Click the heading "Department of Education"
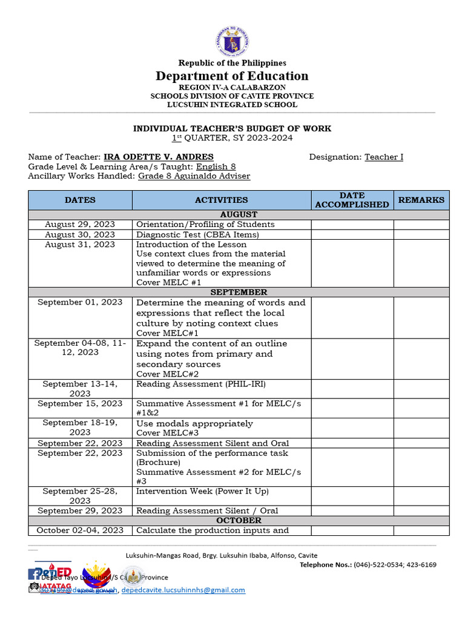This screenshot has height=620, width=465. tap(232, 76)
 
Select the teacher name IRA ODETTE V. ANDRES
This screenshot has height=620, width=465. tap(158, 157)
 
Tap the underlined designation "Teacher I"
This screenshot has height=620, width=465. tap(384, 157)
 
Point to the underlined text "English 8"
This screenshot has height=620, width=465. tap(216, 167)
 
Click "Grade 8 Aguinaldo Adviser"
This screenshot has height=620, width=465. tap(194, 176)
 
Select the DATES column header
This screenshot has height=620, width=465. tap(80, 200)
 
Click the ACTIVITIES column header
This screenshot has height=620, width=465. tap(221, 200)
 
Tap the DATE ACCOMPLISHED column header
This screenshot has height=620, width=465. tap(352, 200)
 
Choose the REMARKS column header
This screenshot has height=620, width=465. tap(421, 200)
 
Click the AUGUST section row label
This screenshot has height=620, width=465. tap(239, 214)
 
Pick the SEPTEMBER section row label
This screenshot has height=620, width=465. tap(239, 292)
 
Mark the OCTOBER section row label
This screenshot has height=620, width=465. tap(239, 520)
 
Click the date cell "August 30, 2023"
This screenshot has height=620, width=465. tap(80, 234)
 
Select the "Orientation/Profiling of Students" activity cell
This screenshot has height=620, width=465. tap(205, 224)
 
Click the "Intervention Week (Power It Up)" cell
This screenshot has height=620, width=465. tap(202, 491)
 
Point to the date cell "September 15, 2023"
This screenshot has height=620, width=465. tap(80, 403)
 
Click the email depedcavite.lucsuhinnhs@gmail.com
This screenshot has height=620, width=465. tap(183, 590)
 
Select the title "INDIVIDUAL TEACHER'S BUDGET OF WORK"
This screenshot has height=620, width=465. tap(232, 128)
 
